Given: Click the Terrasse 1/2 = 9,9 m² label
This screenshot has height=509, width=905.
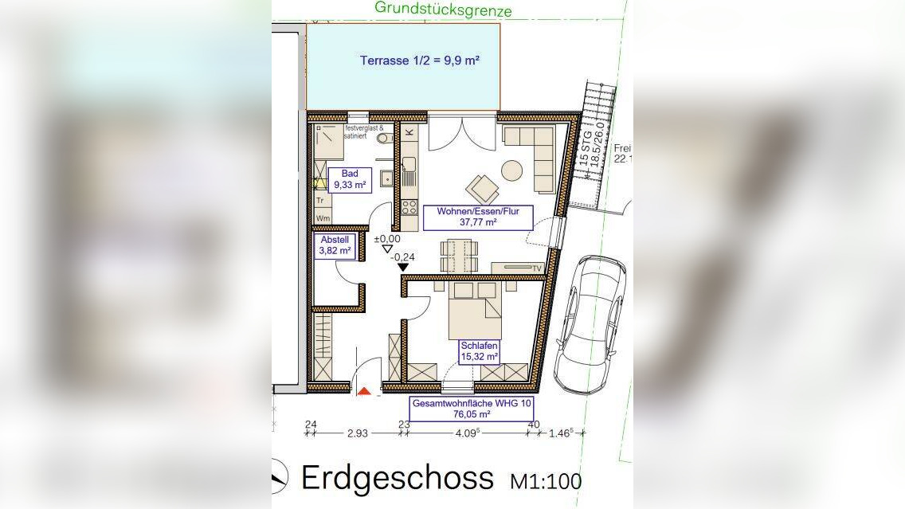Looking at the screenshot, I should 419,61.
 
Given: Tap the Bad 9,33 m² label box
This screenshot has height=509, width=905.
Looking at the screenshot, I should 350,179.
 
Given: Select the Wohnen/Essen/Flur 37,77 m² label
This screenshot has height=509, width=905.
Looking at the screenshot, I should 478,217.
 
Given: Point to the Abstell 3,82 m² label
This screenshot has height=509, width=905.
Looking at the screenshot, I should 335,245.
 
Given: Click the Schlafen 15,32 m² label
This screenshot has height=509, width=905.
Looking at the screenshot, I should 480,352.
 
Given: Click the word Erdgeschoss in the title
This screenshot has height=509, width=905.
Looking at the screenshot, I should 397,478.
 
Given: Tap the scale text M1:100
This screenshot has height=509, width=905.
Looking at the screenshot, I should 545,480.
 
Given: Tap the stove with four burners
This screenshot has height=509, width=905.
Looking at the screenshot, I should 409,207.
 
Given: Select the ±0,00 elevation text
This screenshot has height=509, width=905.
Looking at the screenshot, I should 390,238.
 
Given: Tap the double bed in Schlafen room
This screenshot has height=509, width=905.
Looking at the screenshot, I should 475,311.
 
